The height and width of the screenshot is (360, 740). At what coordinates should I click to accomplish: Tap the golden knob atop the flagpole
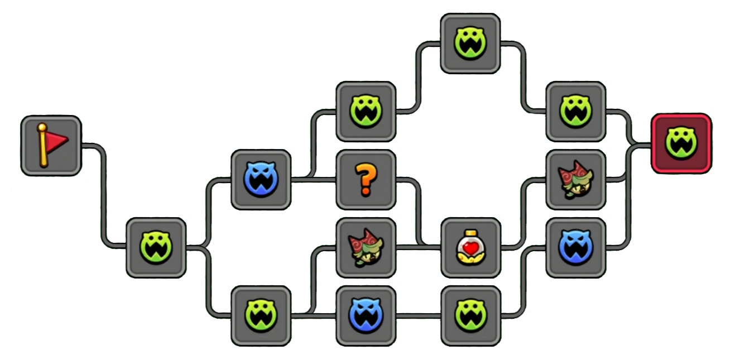[x=42, y=128]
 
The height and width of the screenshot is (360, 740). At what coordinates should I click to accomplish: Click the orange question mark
[x=366, y=179]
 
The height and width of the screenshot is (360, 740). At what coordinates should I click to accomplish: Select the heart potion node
[x=470, y=247]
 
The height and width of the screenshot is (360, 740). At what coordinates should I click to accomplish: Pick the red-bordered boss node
[x=681, y=143]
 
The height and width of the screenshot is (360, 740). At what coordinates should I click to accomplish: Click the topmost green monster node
[x=470, y=44]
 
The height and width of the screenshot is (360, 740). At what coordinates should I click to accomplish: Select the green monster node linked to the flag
[x=156, y=247]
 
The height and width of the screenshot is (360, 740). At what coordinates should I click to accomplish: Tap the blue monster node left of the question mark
[x=261, y=179]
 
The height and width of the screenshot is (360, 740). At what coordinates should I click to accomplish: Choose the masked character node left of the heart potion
[x=366, y=247]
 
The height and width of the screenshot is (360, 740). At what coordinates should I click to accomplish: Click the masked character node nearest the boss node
[x=576, y=179]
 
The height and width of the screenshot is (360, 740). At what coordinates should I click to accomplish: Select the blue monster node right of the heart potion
[x=576, y=247]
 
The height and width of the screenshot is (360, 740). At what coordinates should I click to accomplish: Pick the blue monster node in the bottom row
[x=366, y=315]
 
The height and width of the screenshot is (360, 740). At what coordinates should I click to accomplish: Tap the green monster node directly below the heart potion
[x=470, y=315]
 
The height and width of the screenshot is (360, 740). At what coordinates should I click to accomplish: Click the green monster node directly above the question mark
[x=366, y=111]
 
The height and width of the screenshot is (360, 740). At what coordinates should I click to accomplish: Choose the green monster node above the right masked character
[x=576, y=111]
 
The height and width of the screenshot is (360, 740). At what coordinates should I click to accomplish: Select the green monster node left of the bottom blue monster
[x=261, y=315]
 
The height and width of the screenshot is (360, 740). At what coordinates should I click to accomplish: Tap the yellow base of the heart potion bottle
[x=470, y=258]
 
